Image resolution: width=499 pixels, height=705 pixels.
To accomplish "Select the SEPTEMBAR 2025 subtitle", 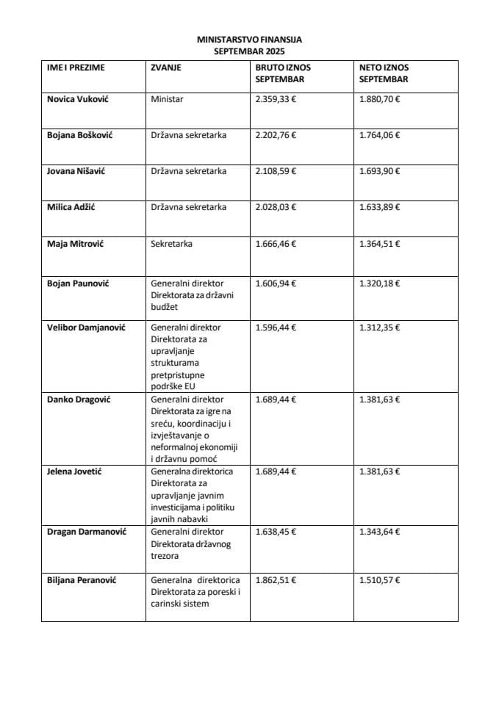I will tap(248, 51).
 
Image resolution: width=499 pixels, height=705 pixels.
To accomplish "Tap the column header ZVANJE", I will tap(166, 68).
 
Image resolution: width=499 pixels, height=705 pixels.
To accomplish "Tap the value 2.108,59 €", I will tap(276, 171).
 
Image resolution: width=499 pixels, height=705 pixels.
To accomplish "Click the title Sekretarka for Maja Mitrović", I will tap(171, 243).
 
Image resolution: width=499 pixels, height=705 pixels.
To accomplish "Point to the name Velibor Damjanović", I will tap(86, 328).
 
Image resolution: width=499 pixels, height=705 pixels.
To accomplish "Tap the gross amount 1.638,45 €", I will tap(276, 532).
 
